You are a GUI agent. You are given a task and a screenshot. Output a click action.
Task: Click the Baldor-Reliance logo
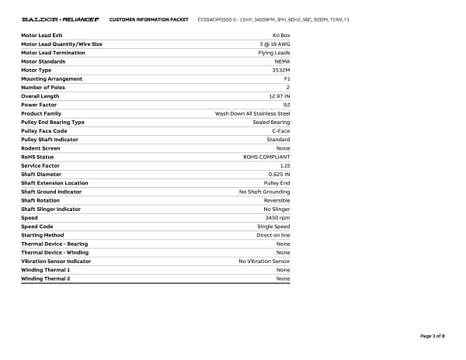(61, 19)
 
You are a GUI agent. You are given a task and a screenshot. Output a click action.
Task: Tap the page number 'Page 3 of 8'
(432, 336)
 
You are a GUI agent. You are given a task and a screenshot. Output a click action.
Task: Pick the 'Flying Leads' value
(273, 53)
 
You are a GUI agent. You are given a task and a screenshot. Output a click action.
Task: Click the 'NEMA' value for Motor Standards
(282, 61)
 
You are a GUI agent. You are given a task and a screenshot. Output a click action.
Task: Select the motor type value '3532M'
(280, 70)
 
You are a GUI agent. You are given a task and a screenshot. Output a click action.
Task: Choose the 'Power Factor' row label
(40, 105)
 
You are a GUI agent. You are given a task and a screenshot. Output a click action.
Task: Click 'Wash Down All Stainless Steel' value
(252, 113)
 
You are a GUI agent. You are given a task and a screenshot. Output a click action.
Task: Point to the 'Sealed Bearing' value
(271, 122)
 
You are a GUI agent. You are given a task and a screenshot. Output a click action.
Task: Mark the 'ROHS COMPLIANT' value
(266, 157)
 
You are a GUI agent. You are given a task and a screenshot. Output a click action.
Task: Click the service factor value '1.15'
(284, 165)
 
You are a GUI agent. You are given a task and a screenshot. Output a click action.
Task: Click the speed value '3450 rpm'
(277, 218)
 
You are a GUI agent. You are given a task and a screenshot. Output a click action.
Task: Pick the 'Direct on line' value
(273, 235)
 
